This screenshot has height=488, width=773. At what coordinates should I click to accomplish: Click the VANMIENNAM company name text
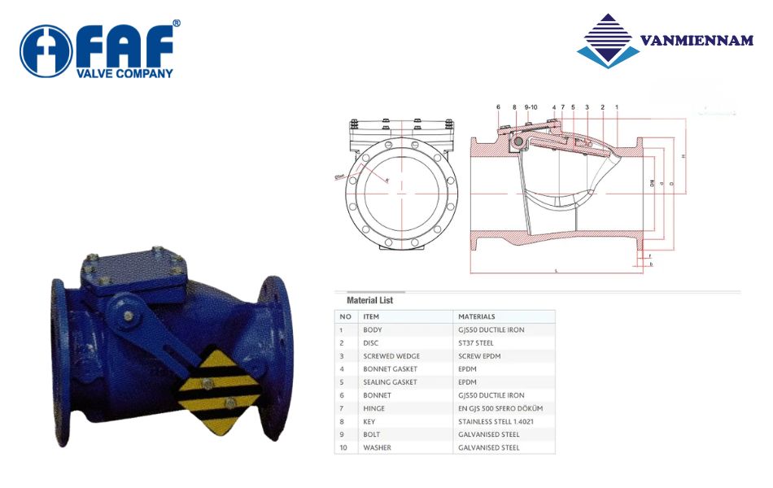(x=696, y=41)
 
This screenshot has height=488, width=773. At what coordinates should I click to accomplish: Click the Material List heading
(x=370, y=300)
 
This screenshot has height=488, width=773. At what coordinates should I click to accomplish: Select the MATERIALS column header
(x=477, y=316)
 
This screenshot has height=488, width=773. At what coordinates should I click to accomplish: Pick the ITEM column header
(x=371, y=316)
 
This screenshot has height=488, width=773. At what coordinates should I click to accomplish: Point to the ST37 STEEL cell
(x=476, y=342)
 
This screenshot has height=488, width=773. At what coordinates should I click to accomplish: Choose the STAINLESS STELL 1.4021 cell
(x=495, y=421)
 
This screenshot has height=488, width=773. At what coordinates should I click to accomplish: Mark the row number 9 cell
(x=345, y=434)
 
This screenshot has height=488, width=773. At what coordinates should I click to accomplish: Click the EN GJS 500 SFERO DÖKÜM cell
(x=500, y=408)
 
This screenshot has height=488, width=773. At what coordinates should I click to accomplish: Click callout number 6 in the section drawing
(x=498, y=107)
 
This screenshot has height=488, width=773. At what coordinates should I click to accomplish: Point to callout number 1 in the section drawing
(x=617, y=107)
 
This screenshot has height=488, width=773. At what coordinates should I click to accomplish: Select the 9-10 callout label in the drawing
(x=531, y=107)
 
